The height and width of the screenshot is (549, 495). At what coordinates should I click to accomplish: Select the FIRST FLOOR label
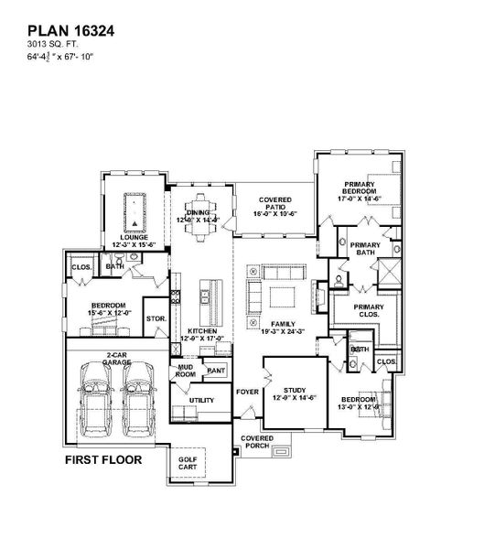102,459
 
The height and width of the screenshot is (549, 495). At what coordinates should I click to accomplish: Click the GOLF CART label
187,463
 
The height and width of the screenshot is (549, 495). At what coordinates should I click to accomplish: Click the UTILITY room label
201,400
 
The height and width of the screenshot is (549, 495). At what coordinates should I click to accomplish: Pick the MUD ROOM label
186,370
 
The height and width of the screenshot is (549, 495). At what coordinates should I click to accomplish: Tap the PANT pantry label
216,370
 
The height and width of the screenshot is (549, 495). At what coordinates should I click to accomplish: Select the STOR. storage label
156,318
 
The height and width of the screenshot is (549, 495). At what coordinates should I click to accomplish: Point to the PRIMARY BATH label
365,249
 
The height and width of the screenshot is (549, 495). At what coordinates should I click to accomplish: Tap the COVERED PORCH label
257,442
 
